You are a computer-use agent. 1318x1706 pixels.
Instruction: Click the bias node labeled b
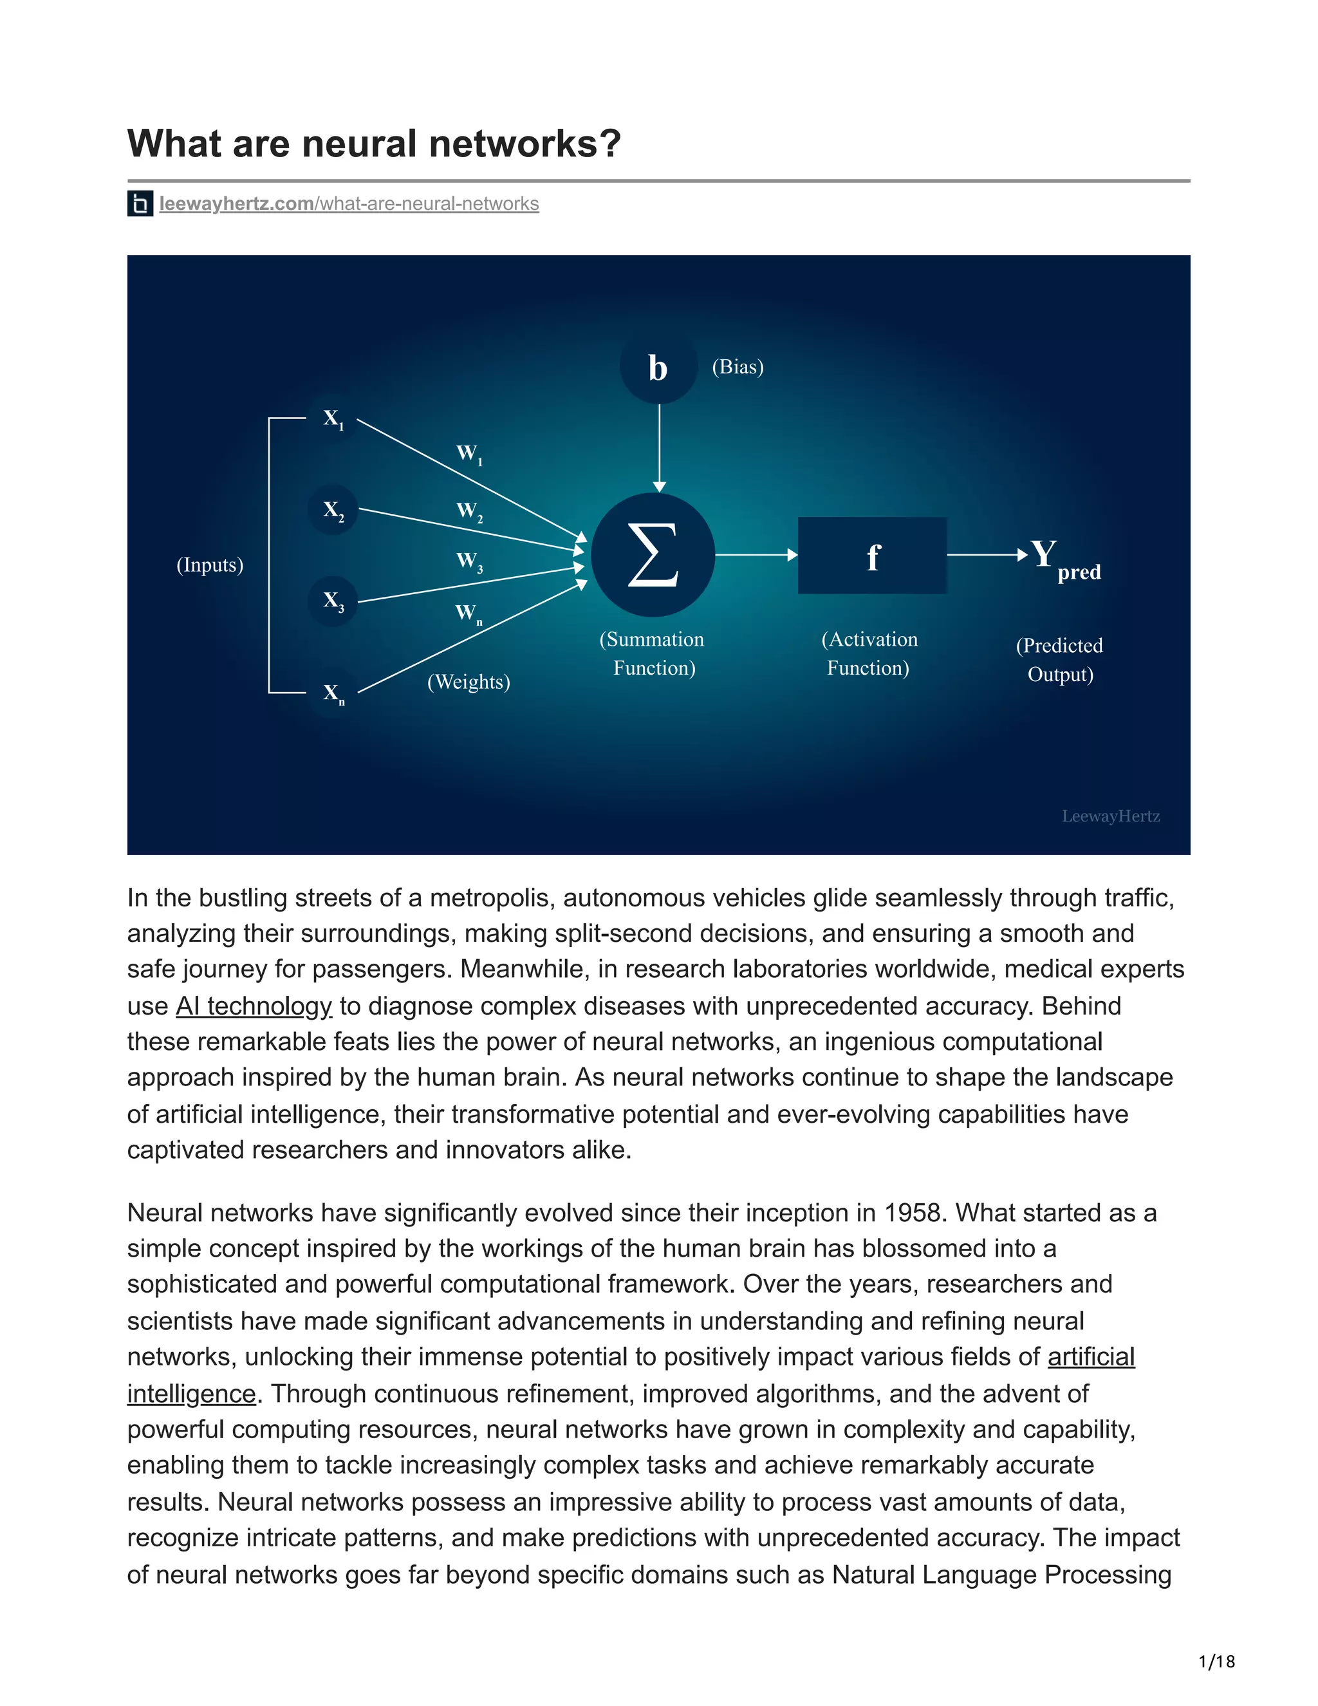[658, 367]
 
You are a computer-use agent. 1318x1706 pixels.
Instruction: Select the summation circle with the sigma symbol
[653, 556]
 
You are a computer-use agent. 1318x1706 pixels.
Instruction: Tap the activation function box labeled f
[872, 556]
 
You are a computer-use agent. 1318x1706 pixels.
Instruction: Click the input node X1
[333, 420]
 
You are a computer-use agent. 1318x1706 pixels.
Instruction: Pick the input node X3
[333, 601]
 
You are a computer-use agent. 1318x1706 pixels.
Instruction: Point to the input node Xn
[333, 693]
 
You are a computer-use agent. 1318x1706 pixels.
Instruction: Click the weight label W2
[469, 512]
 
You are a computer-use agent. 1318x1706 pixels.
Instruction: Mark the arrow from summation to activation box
[755, 556]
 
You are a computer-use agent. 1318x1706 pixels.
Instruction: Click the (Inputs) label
[210, 565]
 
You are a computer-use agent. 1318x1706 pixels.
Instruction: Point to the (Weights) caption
[469, 682]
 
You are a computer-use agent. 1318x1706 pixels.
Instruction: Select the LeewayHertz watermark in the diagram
[1110, 816]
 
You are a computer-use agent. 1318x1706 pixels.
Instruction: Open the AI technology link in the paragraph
[254, 1006]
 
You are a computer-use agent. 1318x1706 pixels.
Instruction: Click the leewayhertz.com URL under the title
[348, 204]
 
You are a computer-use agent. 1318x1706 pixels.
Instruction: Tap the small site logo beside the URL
[140, 204]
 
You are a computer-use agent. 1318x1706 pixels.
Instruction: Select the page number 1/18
[1216, 1661]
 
